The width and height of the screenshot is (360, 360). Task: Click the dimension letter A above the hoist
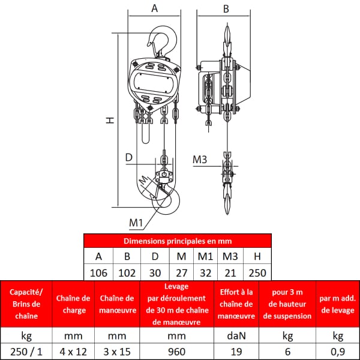(x=155, y=8)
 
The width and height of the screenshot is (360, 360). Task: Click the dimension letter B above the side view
(x=226, y=9)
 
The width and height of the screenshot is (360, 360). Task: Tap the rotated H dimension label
(x=110, y=120)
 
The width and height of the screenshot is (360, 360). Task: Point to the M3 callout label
(x=200, y=160)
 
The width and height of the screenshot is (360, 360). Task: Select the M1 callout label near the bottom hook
(x=136, y=223)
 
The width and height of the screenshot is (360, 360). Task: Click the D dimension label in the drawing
(x=129, y=157)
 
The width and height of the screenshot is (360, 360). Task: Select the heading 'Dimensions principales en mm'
(x=178, y=241)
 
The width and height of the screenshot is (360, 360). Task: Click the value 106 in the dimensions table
(x=98, y=273)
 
